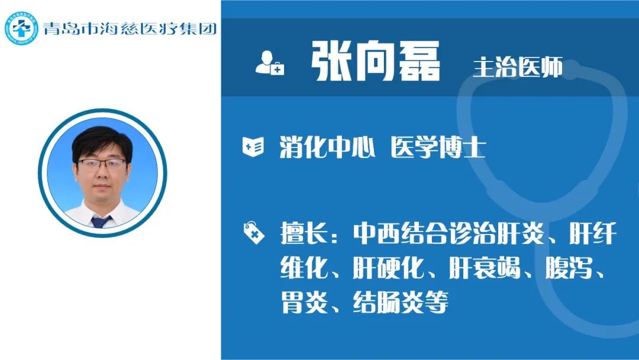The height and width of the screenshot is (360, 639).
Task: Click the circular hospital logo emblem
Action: pos(21,28)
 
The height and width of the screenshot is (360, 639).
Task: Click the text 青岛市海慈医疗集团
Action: pos(130,28)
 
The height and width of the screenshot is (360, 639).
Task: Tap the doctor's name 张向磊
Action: pos(375,61)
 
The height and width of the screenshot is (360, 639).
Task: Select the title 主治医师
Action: pos(518,67)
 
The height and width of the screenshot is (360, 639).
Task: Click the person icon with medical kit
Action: pos(269,63)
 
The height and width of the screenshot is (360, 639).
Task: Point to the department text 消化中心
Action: pos(327,147)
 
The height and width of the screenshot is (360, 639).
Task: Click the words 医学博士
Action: pos(438,147)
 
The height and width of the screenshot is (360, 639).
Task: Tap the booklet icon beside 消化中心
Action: pos(253,147)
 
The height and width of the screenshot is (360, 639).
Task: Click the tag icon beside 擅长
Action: pos(253,233)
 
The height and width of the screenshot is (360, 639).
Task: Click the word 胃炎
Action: pos(305,302)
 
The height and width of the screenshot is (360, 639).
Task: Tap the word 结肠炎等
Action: pos(401,302)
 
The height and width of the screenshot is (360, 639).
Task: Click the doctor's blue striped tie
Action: pos(101,221)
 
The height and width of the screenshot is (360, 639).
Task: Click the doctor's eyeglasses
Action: pos(102,164)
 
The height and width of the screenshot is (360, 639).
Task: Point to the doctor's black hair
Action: pos(102,142)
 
